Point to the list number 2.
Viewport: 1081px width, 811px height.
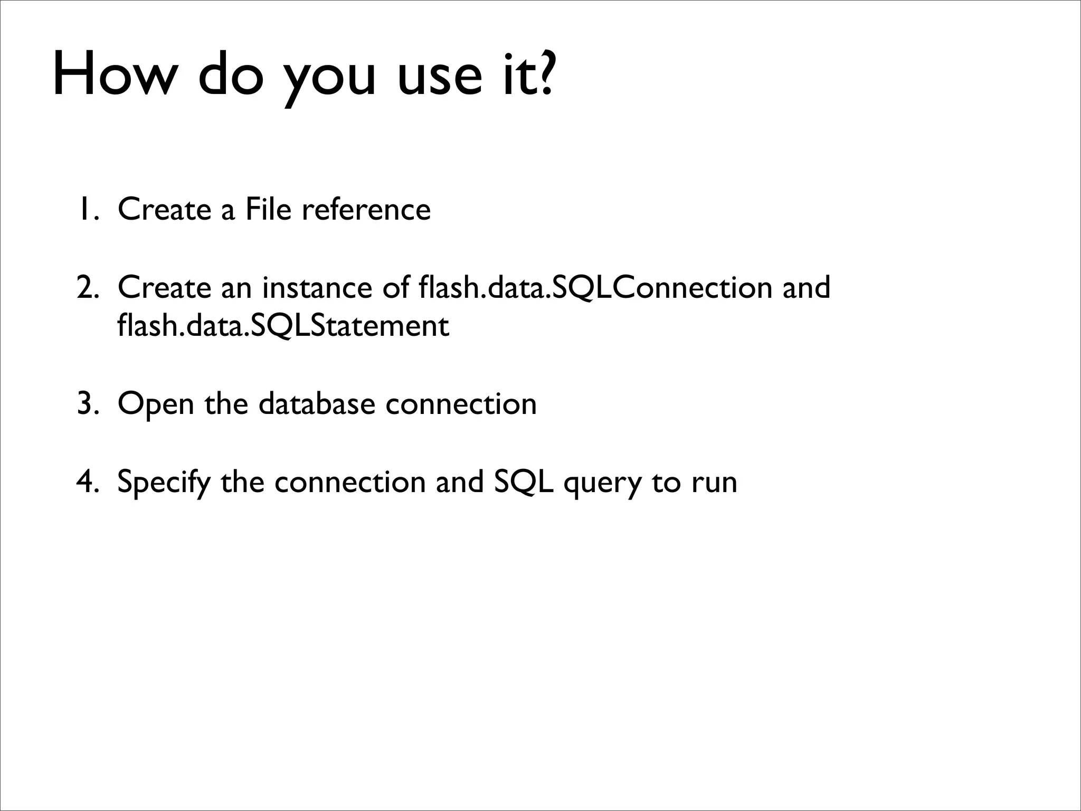(x=86, y=288)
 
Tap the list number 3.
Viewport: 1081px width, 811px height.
(x=86, y=404)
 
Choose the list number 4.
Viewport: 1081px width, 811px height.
(x=86, y=482)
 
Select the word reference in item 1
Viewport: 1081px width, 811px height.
(x=366, y=209)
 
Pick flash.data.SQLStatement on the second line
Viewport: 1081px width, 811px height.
(x=283, y=326)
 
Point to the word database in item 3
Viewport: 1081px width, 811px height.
(x=317, y=404)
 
